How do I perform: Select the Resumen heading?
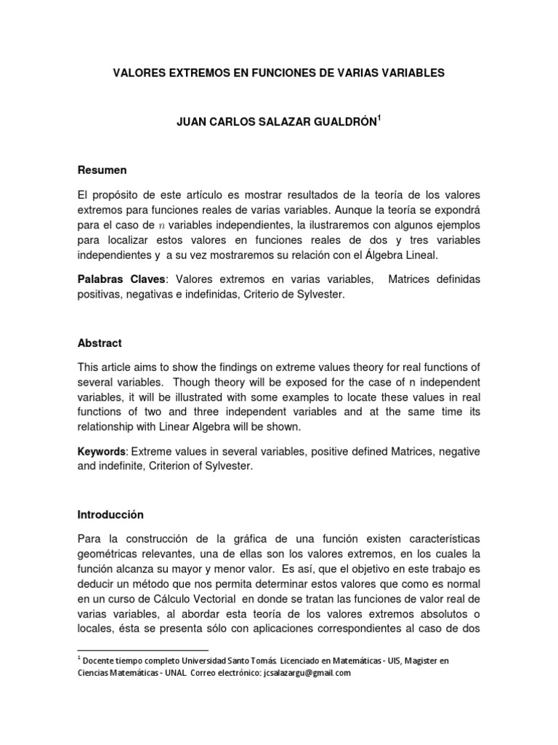[x=102, y=170]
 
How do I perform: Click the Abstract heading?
[x=100, y=343]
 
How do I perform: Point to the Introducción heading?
[x=110, y=514]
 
